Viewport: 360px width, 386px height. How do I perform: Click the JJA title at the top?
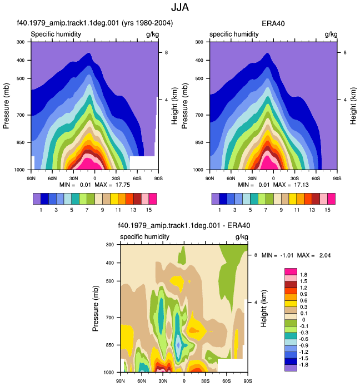point(180,7)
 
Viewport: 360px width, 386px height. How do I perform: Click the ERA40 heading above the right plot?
point(273,23)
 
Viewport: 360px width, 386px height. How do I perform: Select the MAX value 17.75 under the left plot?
point(123,185)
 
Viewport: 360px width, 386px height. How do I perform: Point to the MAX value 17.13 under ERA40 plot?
point(301,185)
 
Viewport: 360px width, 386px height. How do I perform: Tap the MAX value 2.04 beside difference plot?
point(325,255)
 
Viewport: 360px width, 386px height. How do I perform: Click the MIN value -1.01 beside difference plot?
point(287,255)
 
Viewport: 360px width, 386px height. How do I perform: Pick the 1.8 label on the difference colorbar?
point(303,275)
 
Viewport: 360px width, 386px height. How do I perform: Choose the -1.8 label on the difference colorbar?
point(303,365)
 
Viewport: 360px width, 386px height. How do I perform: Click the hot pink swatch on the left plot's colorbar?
point(153,199)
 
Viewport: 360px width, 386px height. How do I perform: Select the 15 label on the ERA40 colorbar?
point(327,210)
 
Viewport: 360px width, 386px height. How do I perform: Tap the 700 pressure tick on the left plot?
point(21,115)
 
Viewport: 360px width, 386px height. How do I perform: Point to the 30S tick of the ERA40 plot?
point(294,179)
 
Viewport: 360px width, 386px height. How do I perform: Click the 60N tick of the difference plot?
point(142,381)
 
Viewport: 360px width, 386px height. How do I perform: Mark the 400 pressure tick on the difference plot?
point(110,263)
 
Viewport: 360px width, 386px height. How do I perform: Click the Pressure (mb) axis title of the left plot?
point(6,106)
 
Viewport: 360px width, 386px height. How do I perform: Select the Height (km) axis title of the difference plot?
point(263,309)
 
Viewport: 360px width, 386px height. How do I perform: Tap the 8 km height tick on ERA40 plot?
point(345,52)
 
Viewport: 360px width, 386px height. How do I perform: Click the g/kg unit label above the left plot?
point(152,34)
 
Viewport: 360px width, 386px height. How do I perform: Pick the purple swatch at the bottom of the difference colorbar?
point(291,368)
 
